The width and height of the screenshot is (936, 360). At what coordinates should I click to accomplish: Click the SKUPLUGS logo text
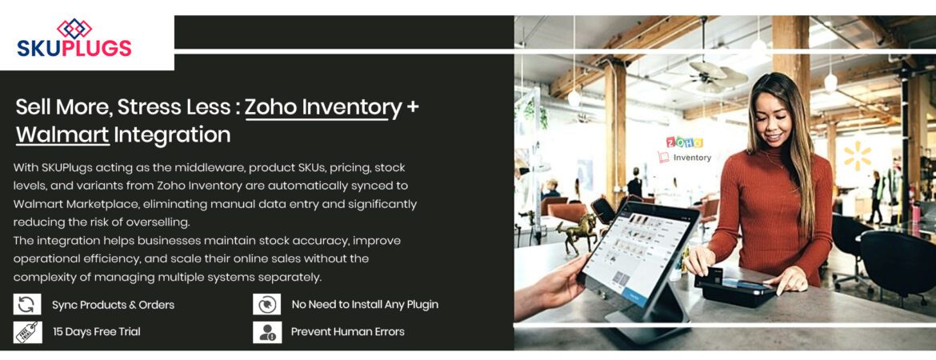point(74,48)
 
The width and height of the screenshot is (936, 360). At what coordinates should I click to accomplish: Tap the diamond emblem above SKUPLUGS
point(74,28)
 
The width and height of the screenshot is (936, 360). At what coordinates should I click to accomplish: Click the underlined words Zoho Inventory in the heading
point(323,106)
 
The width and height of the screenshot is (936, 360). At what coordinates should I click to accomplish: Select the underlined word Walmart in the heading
point(62,134)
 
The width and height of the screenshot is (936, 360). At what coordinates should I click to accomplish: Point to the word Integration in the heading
point(172,134)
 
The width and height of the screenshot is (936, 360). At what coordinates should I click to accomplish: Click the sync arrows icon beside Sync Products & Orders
point(26,305)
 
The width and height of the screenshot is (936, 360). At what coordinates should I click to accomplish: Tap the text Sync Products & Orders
point(113,305)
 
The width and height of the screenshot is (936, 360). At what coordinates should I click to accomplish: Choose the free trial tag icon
point(26,332)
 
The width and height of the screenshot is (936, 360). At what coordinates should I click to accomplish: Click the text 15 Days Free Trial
point(97,332)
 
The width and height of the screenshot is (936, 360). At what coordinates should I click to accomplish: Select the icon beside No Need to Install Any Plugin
point(267,305)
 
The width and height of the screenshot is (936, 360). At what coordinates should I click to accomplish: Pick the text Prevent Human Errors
point(348,332)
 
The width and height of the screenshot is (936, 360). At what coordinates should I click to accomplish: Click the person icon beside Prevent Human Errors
point(267,332)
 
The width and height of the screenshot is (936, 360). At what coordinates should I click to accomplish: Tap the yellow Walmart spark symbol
point(857,157)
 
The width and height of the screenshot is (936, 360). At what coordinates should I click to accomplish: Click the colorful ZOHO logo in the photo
point(685,142)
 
